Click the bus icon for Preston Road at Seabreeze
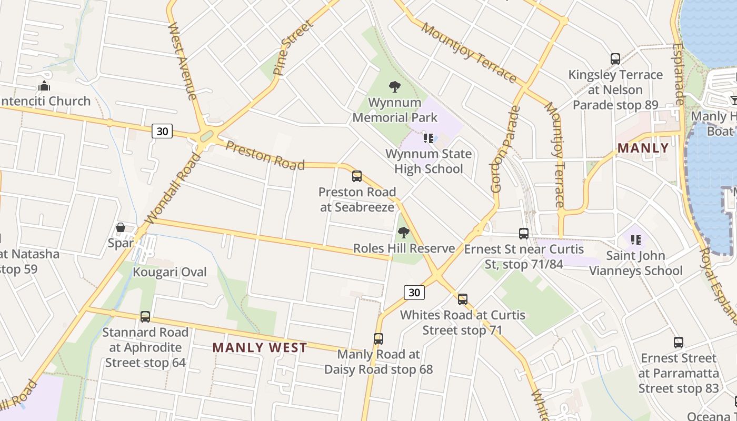357,176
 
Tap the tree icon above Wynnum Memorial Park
394,87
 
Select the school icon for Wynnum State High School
429,138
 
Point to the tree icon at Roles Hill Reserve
404,232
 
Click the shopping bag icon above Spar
121,228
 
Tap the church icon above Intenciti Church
44,85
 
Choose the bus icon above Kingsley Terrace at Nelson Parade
615,59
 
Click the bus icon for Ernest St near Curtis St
524,233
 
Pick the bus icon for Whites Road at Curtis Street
463,299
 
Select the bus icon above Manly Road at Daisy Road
379,338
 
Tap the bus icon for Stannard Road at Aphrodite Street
145,317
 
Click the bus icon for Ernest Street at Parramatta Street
679,343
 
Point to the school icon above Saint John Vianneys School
636,240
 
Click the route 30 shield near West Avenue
162,131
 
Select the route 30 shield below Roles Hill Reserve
414,293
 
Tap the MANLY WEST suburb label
260,348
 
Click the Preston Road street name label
265,155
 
